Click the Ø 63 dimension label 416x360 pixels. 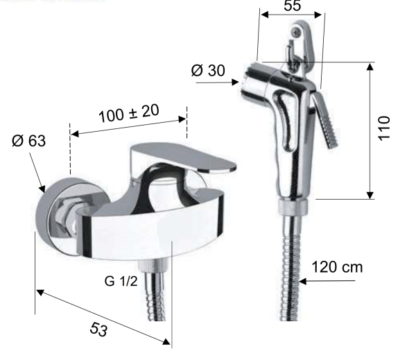[28, 140]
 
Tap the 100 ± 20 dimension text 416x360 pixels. [129, 113]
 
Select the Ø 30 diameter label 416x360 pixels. [208, 70]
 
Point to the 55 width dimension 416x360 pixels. [292, 6]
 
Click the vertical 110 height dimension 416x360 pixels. [383, 128]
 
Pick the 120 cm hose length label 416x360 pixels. [337, 267]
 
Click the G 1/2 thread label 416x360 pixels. [121, 281]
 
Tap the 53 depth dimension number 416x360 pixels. [98, 329]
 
